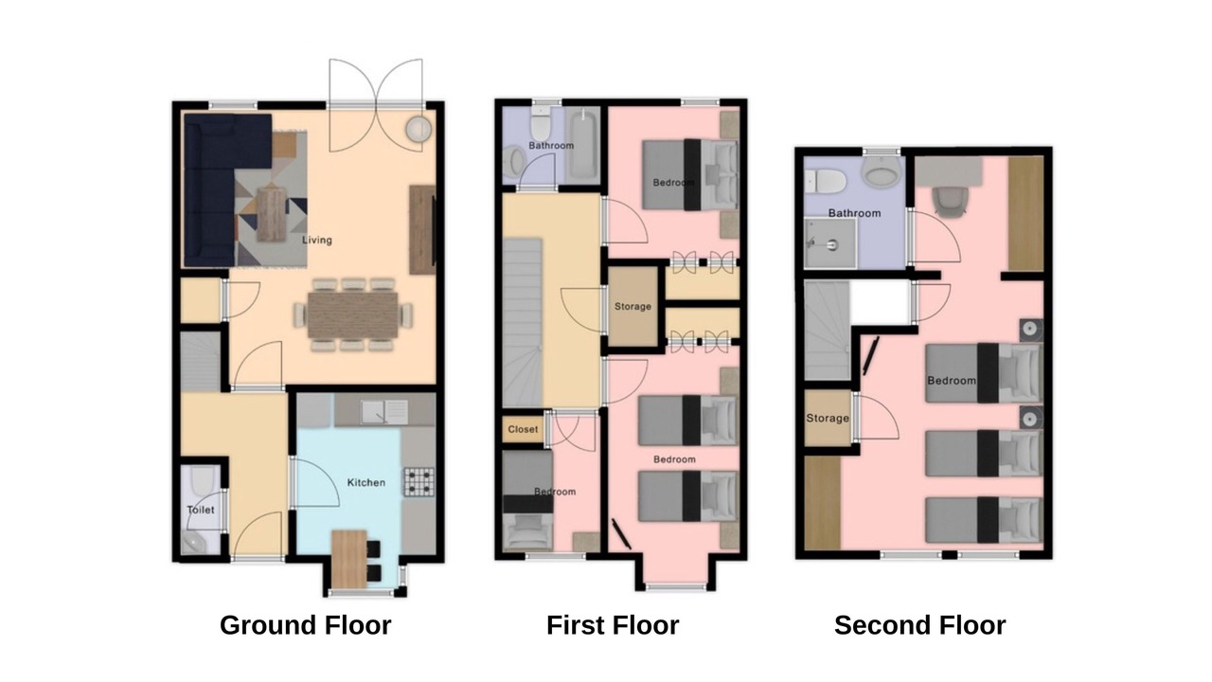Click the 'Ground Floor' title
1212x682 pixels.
point(305,625)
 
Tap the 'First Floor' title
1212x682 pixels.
point(613,625)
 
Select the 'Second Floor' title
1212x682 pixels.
point(919,625)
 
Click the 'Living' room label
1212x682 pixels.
point(317,240)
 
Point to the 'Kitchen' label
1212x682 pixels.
point(366,482)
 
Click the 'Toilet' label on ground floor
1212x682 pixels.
point(201,510)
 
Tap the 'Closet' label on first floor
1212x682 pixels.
point(523,429)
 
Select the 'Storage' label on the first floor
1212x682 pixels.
point(633,306)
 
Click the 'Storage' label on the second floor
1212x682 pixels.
point(828,418)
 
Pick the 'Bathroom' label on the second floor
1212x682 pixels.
point(854,213)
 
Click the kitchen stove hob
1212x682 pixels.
point(419,482)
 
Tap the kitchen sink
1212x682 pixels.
point(384,412)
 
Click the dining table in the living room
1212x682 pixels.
point(353,315)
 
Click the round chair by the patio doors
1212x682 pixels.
point(419,130)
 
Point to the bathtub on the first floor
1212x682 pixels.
point(582,143)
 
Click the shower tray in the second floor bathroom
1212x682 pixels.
point(830,243)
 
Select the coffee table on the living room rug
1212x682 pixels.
point(271,214)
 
